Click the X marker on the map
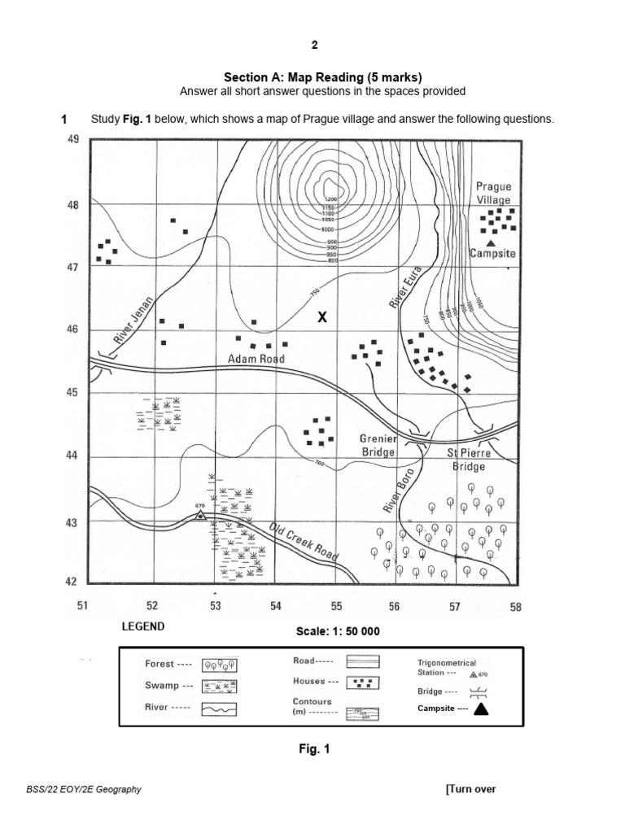[322, 317]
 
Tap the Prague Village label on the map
[494, 194]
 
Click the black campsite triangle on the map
[491, 242]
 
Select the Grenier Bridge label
[378, 445]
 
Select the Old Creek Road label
[303, 542]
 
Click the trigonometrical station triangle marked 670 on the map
[200, 514]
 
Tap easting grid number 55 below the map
[336, 606]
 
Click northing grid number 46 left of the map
[72, 329]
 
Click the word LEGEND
[143, 626]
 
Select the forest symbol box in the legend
[214, 664]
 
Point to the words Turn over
[472, 788]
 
